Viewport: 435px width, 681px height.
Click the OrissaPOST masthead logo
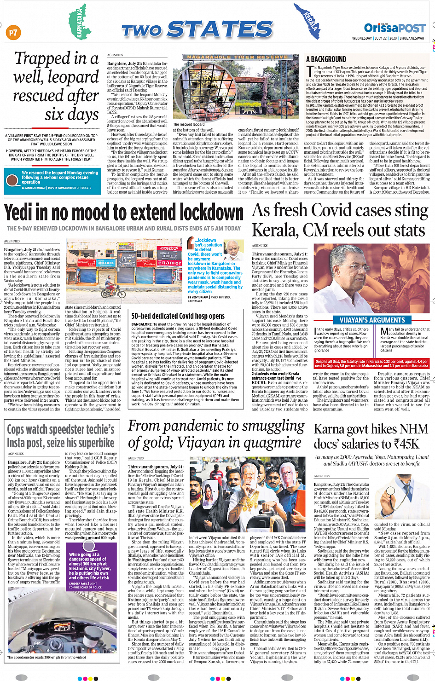pyautogui.click(x=394, y=28)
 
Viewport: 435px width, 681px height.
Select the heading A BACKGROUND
pyautogui.click(x=326, y=59)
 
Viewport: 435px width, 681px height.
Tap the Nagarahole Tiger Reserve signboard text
pyautogui.click(x=238, y=57)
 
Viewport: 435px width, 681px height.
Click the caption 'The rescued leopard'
pyautogui.click(x=189, y=124)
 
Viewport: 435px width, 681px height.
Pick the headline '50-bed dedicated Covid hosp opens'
pyautogui.click(x=178, y=316)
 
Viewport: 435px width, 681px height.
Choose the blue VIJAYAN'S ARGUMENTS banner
pyautogui.click(x=372, y=320)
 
